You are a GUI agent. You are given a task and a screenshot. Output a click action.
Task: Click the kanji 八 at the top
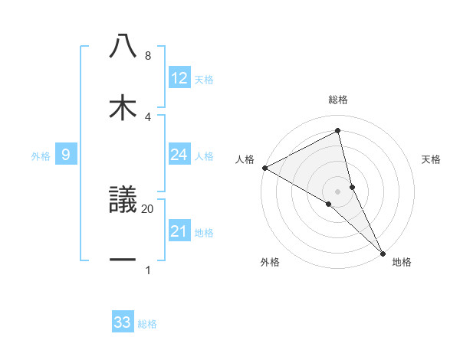pyautogui.click(x=123, y=46)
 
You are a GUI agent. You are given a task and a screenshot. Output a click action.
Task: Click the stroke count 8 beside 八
pyautogui.click(x=147, y=56)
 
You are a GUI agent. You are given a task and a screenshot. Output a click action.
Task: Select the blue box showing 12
pyautogui.click(x=179, y=78)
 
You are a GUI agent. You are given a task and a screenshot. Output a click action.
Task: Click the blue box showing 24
pyautogui.click(x=179, y=155)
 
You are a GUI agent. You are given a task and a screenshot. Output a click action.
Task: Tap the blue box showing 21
pyautogui.click(x=179, y=231)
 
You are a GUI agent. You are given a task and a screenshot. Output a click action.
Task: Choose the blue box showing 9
pyautogui.click(x=66, y=155)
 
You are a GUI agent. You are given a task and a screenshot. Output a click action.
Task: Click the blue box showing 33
pyautogui.click(x=123, y=322)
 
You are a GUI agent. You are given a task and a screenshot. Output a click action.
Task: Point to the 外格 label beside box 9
pyautogui.click(x=41, y=155)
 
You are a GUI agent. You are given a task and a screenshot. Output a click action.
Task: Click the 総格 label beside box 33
pyautogui.click(x=147, y=324)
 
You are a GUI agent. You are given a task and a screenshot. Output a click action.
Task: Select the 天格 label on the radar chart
pyautogui.click(x=431, y=159)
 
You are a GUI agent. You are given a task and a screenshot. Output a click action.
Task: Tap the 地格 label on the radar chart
pyautogui.click(x=402, y=262)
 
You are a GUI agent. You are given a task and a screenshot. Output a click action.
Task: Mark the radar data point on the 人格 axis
pyautogui.click(x=264, y=168)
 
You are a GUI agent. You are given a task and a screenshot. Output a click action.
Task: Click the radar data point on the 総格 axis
pyautogui.click(x=337, y=131)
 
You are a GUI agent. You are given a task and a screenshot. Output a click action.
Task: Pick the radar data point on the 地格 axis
pyautogui.click(x=383, y=252)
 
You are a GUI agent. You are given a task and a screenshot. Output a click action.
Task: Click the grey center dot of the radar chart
pyautogui.click(x=337, y=191)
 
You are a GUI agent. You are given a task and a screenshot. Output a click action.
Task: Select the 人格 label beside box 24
pyautogui.click(x=204, y=156)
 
